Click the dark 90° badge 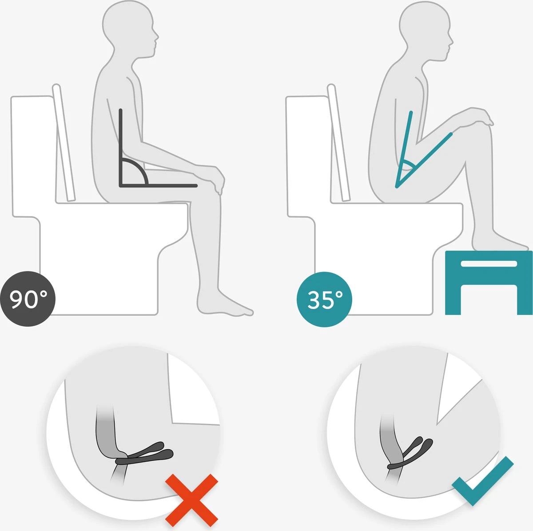coord(28,299)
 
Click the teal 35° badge coord(324,299)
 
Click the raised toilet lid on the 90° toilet coord(64,143)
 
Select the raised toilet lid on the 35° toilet coord(338,143)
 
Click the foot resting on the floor coord(224,304)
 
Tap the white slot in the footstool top coord(489,264)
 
